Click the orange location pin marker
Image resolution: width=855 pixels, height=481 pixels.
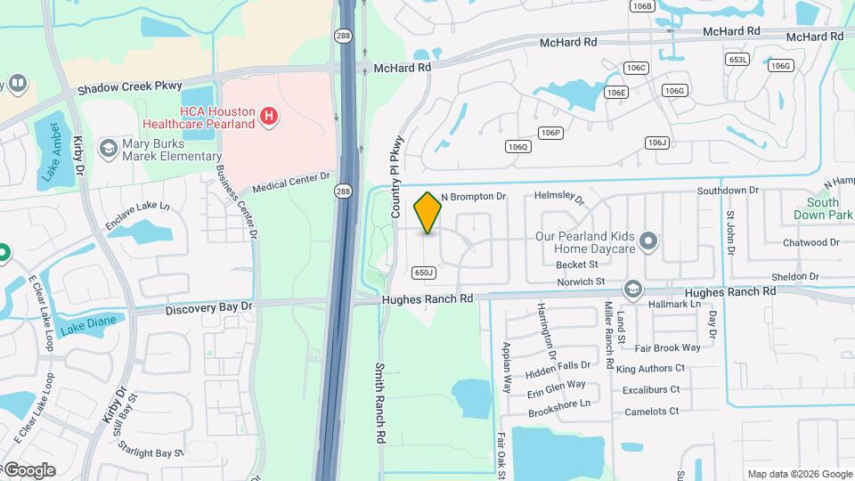coord(427,212)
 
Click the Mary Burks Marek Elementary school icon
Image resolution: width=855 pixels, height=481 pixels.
coord(109,147)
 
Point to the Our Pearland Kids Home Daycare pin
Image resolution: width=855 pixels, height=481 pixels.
coord(650,240)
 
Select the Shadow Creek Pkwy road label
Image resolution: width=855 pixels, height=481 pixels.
coord(129,89)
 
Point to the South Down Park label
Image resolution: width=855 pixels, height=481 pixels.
coord(823,208)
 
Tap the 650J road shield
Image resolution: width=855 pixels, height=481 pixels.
coord(424,273)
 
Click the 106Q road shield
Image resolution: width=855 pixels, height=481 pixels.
coord(517,146)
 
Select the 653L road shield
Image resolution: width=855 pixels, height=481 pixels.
coord(738,60)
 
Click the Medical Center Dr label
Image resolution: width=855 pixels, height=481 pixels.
coord(291,183)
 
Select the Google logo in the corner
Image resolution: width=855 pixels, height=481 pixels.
coord(28,469)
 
